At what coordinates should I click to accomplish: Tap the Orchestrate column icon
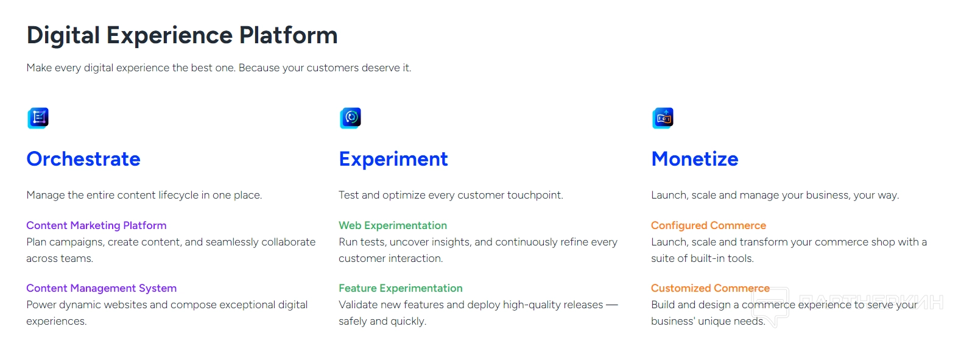coord(38,118)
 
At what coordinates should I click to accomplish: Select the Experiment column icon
coord(350,118)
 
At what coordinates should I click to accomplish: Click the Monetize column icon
coord(663,118)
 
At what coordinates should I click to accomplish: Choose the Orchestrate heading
coord(83,159)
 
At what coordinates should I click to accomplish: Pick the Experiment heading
coord(393,160)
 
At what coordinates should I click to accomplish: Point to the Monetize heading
coord(695,159)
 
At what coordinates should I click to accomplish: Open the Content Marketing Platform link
coord(96,225)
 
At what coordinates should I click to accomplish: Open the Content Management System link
coord(102,288)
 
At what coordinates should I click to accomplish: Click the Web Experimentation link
coord(393,225)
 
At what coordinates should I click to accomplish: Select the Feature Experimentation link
coord(401,288)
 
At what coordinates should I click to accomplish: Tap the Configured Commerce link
coord(709,225)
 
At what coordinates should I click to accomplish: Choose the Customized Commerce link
coord(710,288)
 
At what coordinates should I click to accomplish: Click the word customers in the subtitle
coord(333,68)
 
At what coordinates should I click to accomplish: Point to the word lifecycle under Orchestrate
coord(178,195)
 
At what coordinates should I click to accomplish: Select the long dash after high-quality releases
coord(611,305)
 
